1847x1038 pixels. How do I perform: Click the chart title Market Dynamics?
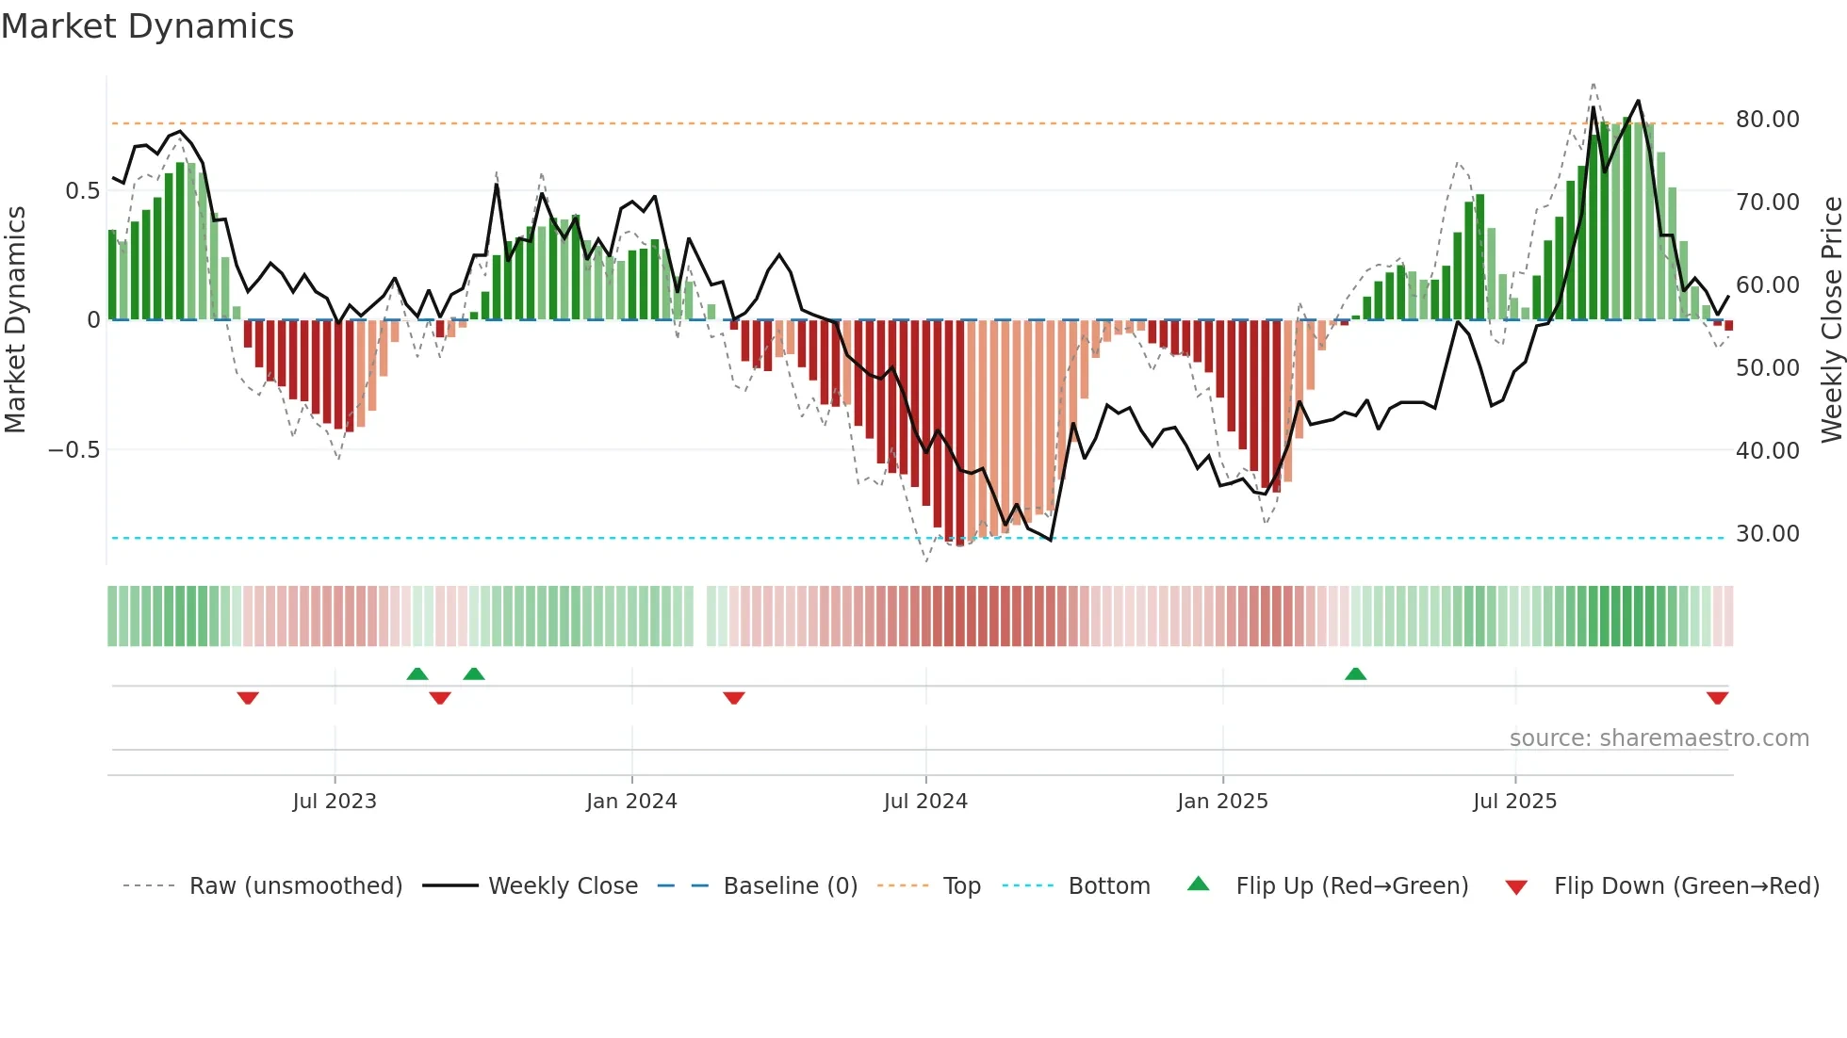click(147, 26)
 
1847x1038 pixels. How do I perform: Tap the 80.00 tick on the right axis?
click(1767, 120)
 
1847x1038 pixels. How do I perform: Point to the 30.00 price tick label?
click(1767, 534)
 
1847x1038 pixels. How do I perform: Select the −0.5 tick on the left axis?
click(74, 450)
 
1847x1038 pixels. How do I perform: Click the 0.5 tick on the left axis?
click(82, 191)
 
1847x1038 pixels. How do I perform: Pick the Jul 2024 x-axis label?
click(925, 802)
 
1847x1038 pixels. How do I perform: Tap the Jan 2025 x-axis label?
click(1222, 802)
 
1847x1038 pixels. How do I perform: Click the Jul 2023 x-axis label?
click(335, 802)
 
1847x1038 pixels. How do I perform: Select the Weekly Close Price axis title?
click(1831, 319)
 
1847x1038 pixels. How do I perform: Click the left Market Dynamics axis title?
click(15, 319)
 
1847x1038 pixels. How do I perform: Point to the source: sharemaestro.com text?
click(1659, 738)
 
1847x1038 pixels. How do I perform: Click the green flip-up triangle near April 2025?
click(1355, 673)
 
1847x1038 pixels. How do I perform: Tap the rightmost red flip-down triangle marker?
click(1717, 698)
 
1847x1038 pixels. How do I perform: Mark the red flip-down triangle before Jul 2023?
click(248, 698)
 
